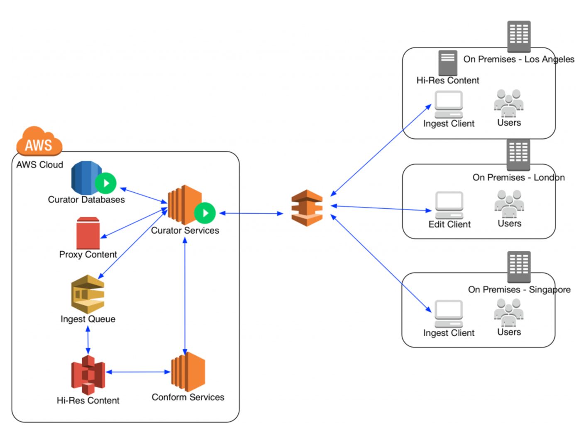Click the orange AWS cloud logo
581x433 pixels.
(x=39, y=142)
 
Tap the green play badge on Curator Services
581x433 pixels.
(x=205, y=213)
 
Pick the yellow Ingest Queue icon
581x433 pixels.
(x=88, y=294)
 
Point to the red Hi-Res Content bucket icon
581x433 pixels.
(x=88, y=375)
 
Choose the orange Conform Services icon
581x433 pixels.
(x=188, y=372)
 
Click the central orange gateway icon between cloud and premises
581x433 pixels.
(x=307, y=208)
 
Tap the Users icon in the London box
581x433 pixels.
(x=509, y=204)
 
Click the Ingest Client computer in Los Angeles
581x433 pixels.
(x=449, y=104)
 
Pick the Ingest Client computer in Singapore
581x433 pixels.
(x=449, y=313)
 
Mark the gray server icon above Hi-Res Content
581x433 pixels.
(x=448, y=63)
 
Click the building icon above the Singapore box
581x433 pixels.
(x=519, y=266)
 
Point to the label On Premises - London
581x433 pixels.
(x=518, y=178)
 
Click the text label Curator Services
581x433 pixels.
(x=185, y=230)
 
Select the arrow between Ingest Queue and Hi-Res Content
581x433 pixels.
(x=88, y=340)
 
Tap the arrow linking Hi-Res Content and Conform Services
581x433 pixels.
(x=138, y=372)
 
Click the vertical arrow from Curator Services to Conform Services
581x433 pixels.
(x=185, y=295)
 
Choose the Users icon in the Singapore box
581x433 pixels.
(x=509, y=312)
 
